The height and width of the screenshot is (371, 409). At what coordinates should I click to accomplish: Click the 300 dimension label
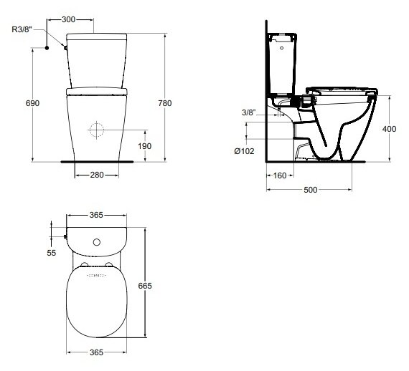coord(69,19)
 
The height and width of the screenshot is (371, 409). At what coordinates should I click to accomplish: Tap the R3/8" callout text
coord(22,29)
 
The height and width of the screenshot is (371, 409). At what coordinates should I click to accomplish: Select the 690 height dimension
coord(32,103)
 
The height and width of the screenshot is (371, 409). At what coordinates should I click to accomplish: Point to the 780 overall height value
coord(165,103)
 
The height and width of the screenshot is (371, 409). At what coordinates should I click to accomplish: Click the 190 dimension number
coord(145,146)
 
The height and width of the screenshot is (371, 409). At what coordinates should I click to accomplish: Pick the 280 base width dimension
coord(97,175)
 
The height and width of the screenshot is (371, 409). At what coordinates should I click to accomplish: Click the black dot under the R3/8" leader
coord(47,48)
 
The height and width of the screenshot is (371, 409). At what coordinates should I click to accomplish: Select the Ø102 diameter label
coord(244,151)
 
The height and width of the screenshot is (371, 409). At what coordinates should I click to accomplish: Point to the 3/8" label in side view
coord(249,112)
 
